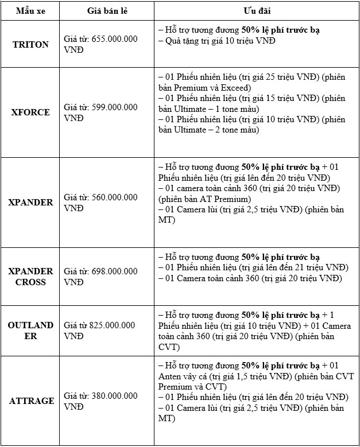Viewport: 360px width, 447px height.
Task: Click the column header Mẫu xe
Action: [x=30, y=11]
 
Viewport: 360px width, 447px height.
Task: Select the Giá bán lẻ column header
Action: [x=107, y=11]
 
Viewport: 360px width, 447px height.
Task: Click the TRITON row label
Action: [x=30, y=44]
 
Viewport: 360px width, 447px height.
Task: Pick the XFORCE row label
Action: [x=30, y=112]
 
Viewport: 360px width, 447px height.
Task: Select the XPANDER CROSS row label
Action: [x=30, y=277]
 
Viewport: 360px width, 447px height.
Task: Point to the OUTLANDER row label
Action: [x=30, y=331]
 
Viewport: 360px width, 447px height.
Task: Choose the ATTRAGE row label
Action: [x=32, y=401]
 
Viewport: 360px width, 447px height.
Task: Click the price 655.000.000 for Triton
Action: [x=115, y=38]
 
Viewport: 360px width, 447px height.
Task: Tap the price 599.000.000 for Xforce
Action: [x=115, y=107]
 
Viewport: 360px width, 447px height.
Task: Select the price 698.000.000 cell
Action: [x=115, y=271]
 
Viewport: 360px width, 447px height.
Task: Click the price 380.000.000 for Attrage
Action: [x=115, y=396]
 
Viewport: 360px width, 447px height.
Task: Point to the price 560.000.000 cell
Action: [x=115, y=197]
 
